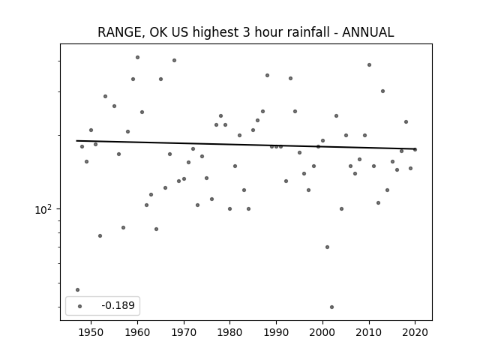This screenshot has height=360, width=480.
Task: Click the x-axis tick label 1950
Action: (x=91, y=332)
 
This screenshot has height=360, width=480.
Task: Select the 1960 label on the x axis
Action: (x=137, y=332)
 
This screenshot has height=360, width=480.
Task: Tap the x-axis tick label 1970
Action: (x=184, y=332)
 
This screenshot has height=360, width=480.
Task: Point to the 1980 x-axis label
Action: (x=230, y=332)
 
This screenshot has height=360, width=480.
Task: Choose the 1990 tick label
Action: (x=277, y=332)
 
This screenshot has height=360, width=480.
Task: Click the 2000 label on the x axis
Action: (x=322, y=332)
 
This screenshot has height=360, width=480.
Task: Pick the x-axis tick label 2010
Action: (x=369, y=332)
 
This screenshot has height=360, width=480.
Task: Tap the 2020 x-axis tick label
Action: (x=415, y=332)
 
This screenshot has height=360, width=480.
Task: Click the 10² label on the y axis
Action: (x=43, y=210)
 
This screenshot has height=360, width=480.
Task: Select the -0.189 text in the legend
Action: (x=118, y=305)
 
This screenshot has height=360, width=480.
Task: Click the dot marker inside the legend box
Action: (x=80, y=306)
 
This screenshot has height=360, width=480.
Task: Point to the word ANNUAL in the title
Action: (x=368, y=32)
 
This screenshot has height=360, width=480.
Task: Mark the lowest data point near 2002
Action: (x=331, y=307)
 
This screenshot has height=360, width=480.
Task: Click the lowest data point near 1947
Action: (x=77, y=290)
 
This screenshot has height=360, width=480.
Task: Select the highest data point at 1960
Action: (x=137, y=58)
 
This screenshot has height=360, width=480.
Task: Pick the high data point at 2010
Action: (x=369, y=65)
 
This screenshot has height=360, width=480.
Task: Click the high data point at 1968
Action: (x=174, y=60)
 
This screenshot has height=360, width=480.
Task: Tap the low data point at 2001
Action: (x=327, y=247)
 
